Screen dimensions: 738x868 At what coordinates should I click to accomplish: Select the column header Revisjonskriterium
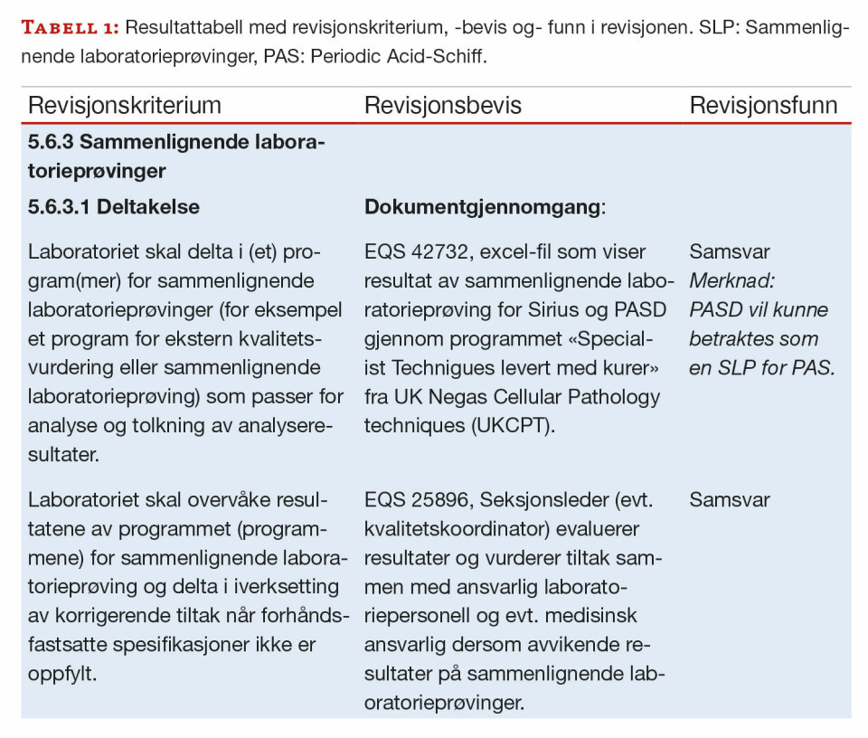click(x=125, y=105)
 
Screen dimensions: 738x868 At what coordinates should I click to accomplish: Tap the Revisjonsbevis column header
click(x=443, y=105)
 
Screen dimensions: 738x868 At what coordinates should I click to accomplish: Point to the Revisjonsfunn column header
click(x=764, y=105)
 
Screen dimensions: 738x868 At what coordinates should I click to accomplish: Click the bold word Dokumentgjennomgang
click(x=482, y=207)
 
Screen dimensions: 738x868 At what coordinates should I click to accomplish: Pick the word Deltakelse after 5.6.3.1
click(x=149, y=207)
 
